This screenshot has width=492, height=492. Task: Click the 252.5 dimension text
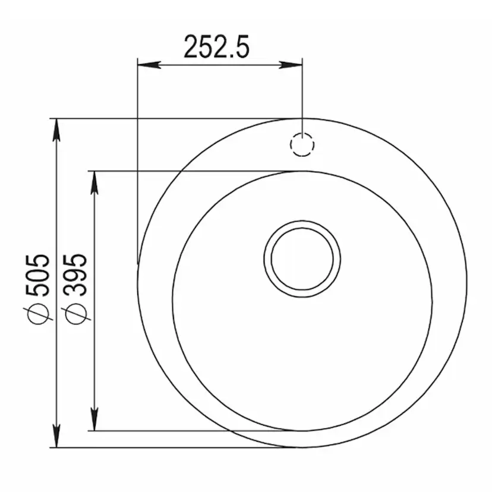tap(216, 46)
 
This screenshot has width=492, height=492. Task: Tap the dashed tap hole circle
tap(302, 145)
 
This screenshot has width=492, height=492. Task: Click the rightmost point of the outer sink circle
tap(467, 283)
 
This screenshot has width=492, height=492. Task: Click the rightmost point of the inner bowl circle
tap(432, 301)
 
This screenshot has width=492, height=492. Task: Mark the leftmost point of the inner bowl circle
tap(172, 301)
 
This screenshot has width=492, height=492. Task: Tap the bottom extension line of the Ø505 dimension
tap(178, 447)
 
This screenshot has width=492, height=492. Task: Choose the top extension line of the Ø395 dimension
tap(190, 171)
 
